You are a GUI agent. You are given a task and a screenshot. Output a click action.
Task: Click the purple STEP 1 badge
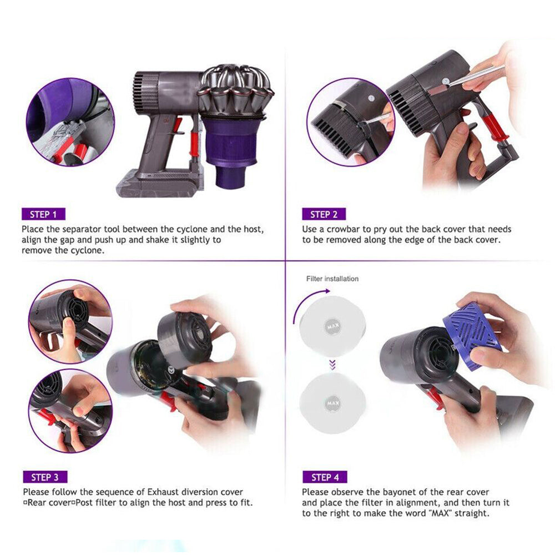point(43,214)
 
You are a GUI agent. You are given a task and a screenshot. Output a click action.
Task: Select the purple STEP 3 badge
point(45,477)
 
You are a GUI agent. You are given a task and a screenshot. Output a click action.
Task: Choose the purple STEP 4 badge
point(325,477)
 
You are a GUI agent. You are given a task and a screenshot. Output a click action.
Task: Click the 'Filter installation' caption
point(332,279)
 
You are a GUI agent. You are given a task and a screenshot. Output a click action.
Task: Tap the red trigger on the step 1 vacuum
point(177,125)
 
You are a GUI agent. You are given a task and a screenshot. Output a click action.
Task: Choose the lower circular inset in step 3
point(70,410)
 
